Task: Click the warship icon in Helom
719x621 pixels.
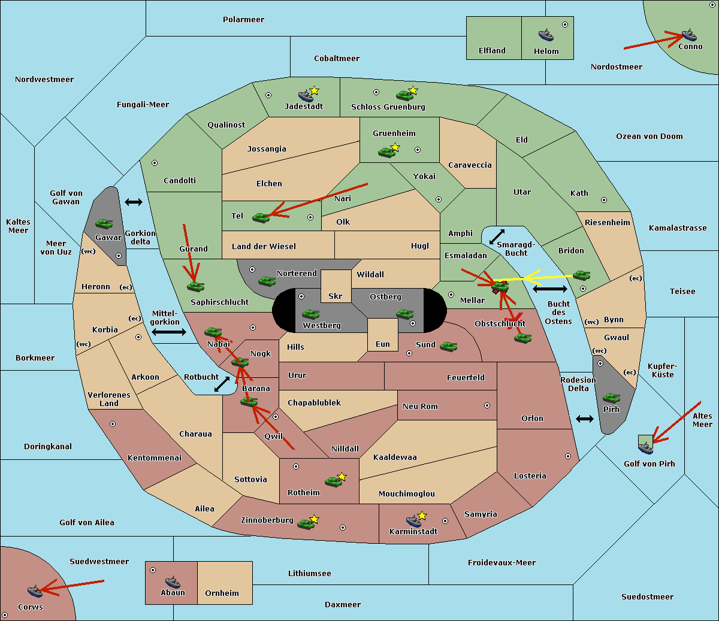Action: point(546,35)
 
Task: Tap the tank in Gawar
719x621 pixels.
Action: point(104,223)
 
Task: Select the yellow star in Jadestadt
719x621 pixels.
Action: point(314,90)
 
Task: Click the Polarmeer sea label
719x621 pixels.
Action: point(243,20)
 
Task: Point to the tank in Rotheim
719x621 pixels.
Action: point(333,481)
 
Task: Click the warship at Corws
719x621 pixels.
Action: point(35,591)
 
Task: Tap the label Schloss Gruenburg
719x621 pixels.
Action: point(388,107)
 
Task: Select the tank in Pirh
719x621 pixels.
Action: point(611,398)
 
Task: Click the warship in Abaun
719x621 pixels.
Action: point(173,581)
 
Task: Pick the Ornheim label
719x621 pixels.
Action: point(222,593)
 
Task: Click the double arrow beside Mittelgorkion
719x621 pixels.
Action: point(169,332)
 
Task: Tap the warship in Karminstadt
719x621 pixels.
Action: point(413,521)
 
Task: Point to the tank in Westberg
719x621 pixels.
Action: point(310,314)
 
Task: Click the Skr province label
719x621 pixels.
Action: point(336,296)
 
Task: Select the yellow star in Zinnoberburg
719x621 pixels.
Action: point(314,519)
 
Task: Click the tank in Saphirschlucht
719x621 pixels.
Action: point(195,286)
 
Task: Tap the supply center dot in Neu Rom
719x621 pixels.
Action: point(487,405)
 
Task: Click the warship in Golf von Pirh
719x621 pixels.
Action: point(646,447)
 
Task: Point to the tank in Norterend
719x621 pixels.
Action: point(267,281)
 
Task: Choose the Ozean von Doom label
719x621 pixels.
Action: point(649,137)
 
